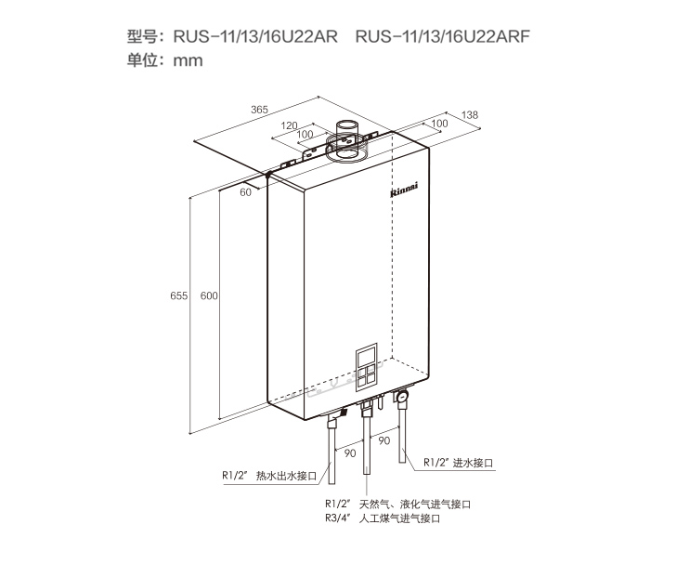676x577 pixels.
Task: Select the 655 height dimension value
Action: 179,295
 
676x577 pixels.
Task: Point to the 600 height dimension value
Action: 209,295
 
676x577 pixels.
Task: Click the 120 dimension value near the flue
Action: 289,125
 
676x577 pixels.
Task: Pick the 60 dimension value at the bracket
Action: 246,191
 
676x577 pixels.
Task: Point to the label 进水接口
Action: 473,462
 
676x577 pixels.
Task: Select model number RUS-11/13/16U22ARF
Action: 442,37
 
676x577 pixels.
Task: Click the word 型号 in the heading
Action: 140,37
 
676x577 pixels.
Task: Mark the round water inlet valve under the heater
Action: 403,398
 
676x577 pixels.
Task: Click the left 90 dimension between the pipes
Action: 350,452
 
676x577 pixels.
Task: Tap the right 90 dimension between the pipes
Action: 383,440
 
